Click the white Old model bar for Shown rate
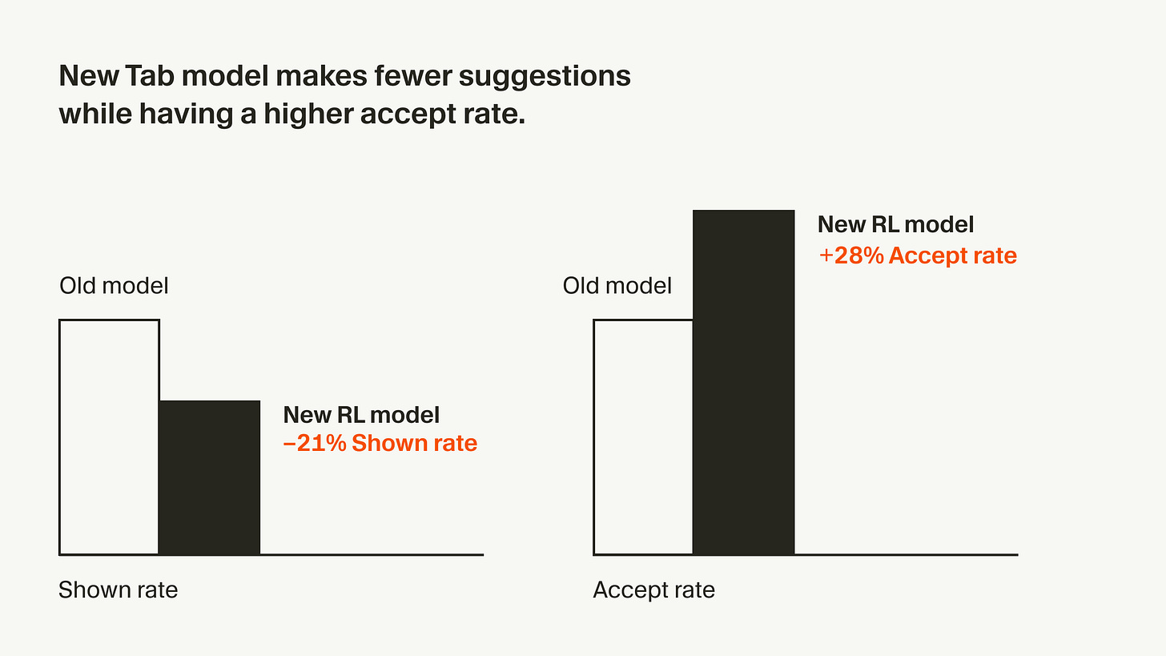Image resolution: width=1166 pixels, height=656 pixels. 109,437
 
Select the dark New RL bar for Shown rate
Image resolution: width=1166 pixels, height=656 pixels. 210,477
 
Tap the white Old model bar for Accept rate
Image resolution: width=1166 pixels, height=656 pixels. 643,437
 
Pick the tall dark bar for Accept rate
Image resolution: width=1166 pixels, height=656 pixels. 743,382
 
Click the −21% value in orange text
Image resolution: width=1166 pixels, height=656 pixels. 314,443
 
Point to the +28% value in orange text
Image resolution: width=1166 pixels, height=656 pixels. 850,256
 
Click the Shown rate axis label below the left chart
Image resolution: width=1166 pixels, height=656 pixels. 118,590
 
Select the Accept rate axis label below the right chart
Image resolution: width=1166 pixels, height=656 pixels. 653,590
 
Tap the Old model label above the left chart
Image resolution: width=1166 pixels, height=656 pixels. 114,285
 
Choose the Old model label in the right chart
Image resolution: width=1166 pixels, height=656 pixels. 617,285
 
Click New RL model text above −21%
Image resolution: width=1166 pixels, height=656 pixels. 361,414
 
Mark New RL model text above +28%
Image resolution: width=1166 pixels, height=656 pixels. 895,224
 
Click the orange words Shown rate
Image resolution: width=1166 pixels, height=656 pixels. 415,443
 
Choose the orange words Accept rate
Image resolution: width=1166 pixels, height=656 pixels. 953,256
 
